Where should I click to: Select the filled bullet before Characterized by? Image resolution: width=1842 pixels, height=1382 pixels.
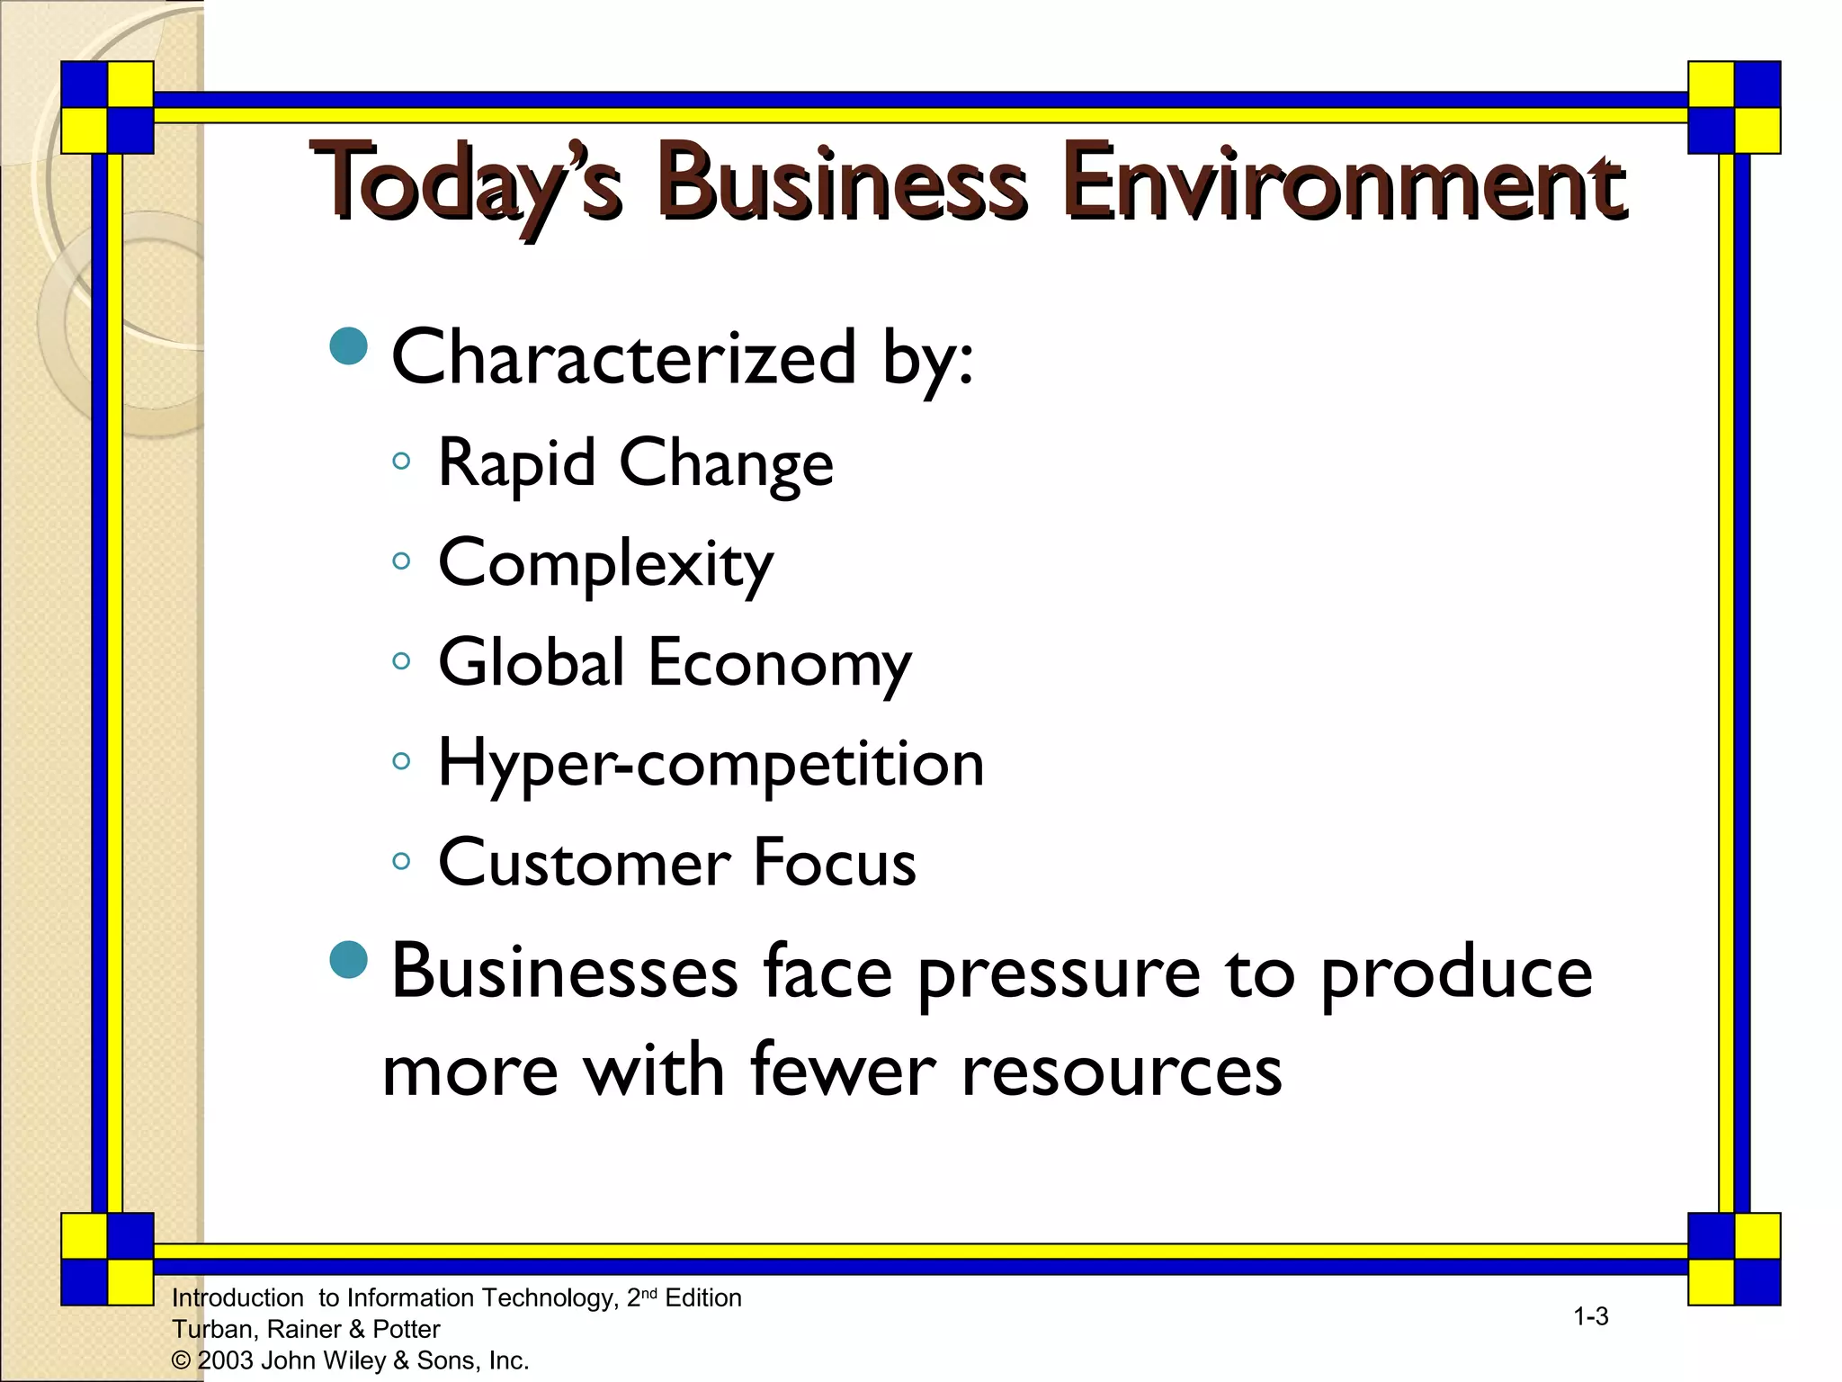tap(349, 345)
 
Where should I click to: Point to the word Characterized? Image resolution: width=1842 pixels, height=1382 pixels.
tap(623, 358)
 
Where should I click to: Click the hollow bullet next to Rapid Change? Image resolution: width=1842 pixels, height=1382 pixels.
tap(401, 462)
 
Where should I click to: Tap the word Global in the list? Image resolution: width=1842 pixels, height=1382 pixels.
tap(531, 662)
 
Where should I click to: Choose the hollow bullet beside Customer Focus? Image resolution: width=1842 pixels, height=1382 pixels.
tap(401, 861)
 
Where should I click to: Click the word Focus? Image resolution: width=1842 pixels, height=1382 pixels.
tap(835, 862)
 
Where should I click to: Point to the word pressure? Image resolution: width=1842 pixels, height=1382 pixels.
tap(1059, 975)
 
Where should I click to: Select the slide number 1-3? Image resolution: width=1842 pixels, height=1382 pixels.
tap(1590, 1317)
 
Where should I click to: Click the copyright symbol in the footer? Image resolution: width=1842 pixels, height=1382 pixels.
tap(181, 1360)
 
